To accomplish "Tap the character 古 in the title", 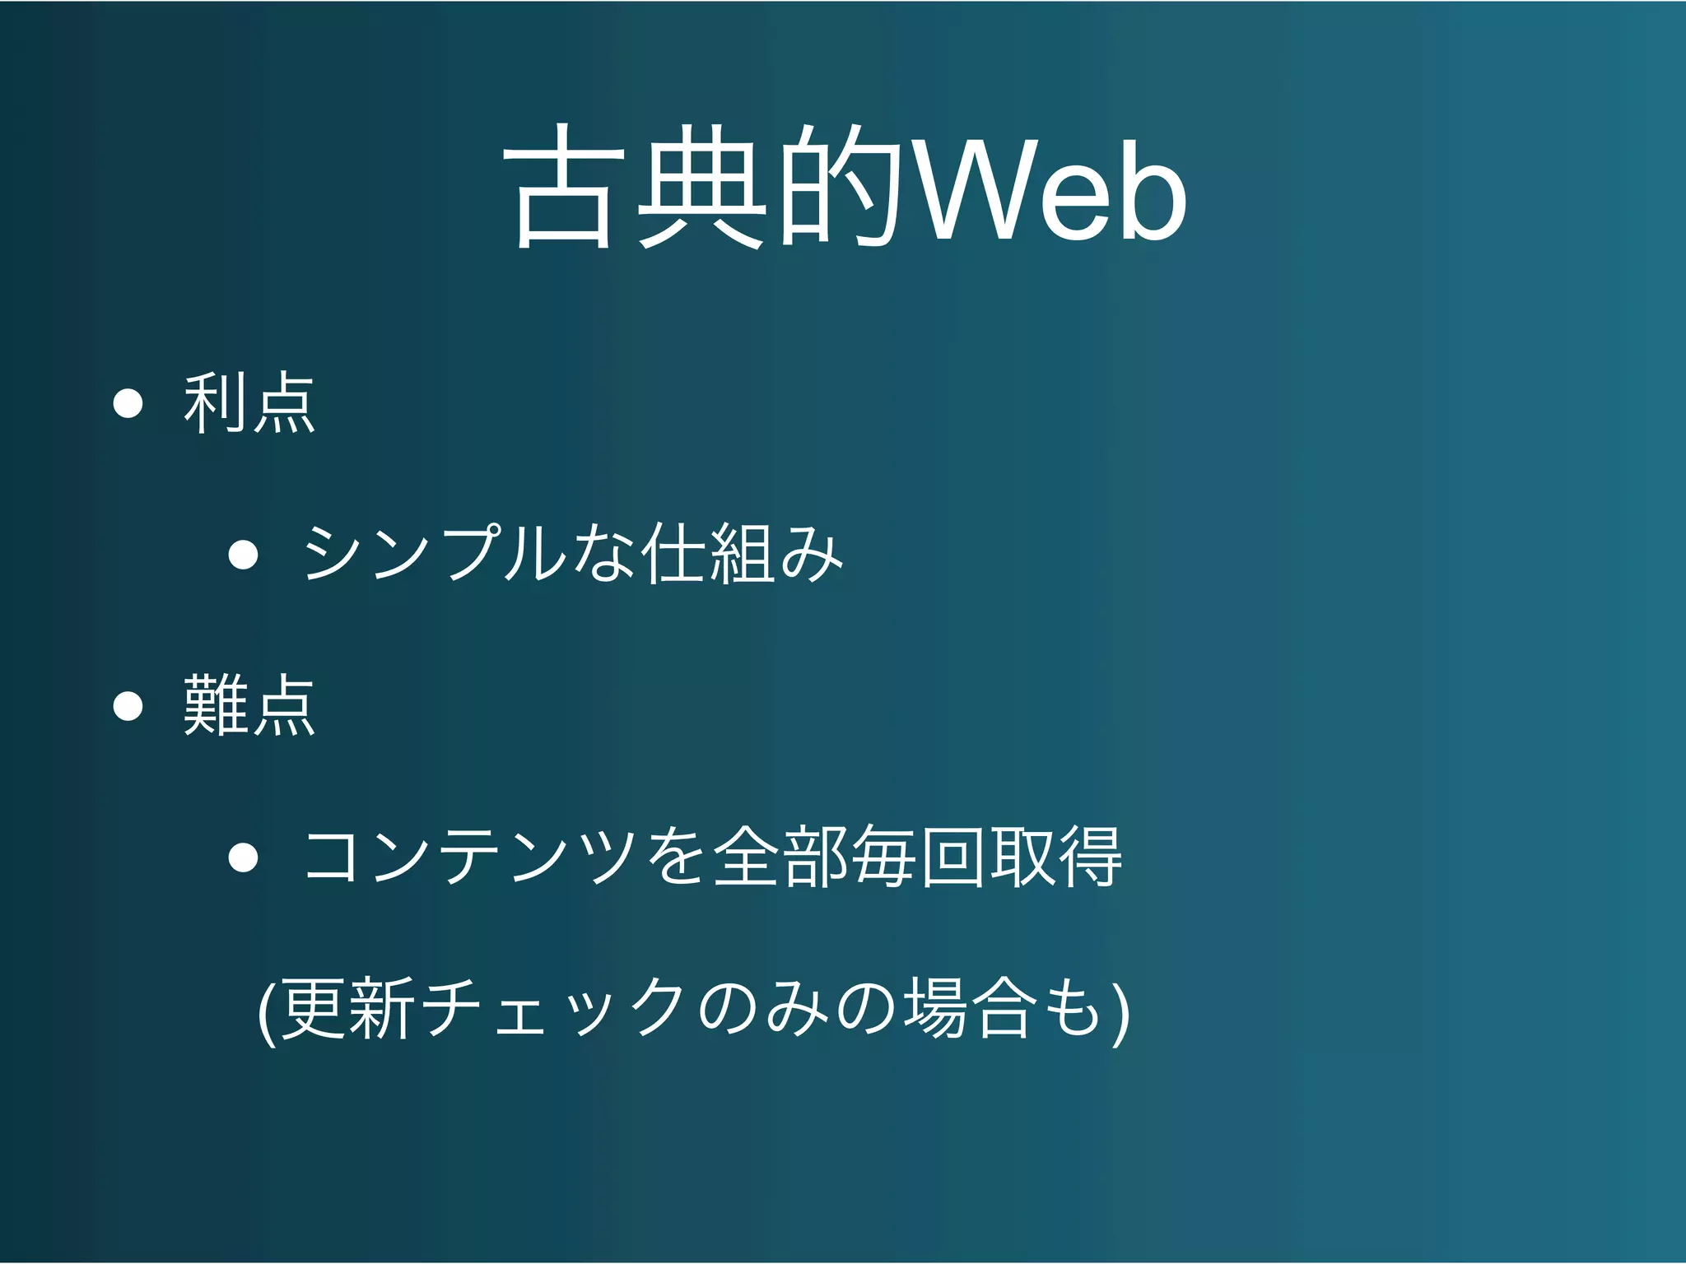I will (565, 188).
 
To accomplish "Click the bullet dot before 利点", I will (128, 403).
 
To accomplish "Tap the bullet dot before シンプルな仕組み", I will (244, 554).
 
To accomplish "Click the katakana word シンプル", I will (435, 553).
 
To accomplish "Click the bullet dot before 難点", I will (128, 705).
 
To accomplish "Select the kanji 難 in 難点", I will (216, 704).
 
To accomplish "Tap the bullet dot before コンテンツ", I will (244, 857).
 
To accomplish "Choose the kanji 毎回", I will (919, 857).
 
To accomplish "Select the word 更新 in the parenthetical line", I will (346, 1008).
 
